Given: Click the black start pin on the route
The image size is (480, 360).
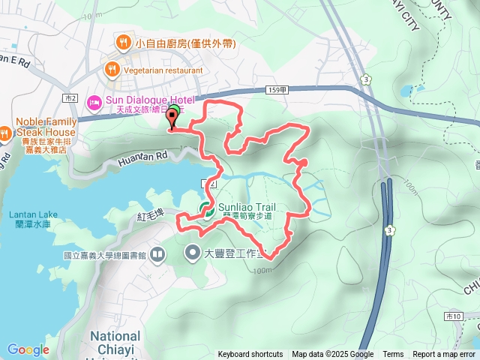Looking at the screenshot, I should [172, 121].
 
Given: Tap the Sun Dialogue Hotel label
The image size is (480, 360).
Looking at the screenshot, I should [150, 100].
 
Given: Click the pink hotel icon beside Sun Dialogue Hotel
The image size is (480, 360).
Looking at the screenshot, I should [94, 101].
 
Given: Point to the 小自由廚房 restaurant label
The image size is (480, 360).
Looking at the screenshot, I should [178, 43].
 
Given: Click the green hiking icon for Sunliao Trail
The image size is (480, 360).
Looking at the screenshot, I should [205, 209].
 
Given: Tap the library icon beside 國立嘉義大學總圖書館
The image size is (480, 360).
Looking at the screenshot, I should [157, 256].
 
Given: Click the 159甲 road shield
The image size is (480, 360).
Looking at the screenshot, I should [277, 90].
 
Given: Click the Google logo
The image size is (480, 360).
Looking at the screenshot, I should [28, 349].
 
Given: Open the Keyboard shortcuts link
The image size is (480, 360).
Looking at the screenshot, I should [250, 355].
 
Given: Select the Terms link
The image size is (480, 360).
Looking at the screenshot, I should [393, 355].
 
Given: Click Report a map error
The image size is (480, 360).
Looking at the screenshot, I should [444, 355].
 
